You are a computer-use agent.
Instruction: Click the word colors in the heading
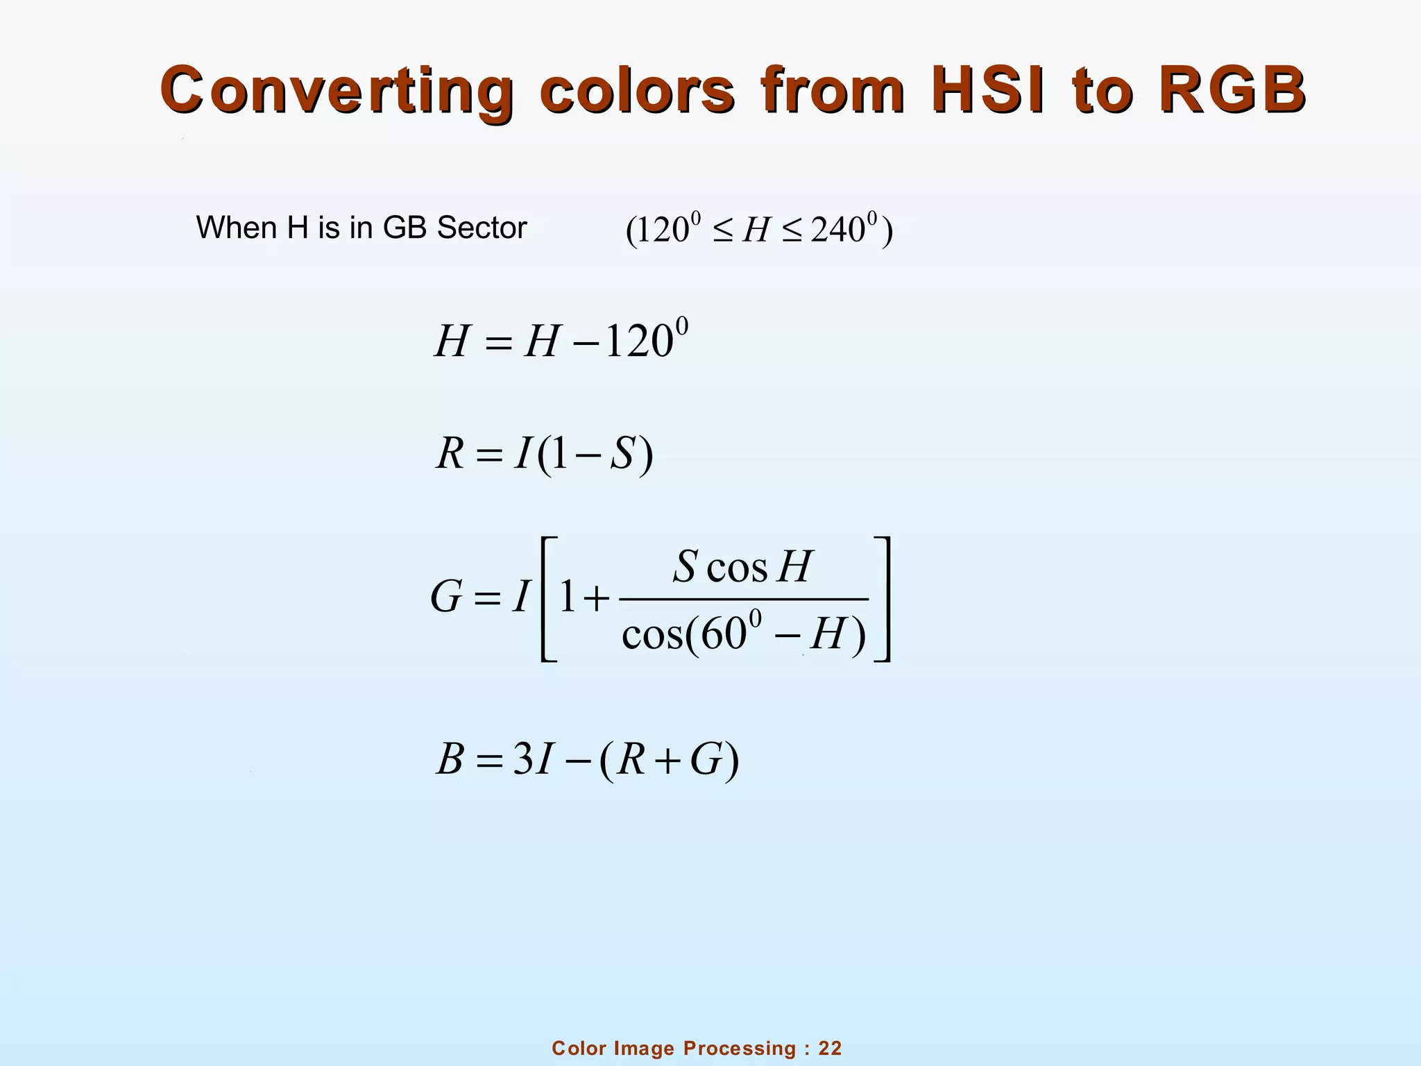tap(636, 90)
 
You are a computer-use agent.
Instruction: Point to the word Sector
tap(482, 228)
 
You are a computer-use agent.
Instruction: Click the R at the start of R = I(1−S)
tap(450, 455)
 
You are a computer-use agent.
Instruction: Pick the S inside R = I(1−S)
tap(622, 455)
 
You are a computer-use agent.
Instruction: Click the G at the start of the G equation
tap(446, 598)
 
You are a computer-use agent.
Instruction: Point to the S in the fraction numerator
tap(685, 566)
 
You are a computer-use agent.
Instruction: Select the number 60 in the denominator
tap(722, 634)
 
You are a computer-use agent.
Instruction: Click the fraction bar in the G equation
tap(743, 599)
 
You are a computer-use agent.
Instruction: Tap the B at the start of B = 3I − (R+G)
tap(450, 760)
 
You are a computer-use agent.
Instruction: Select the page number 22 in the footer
tap(830, 1049)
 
